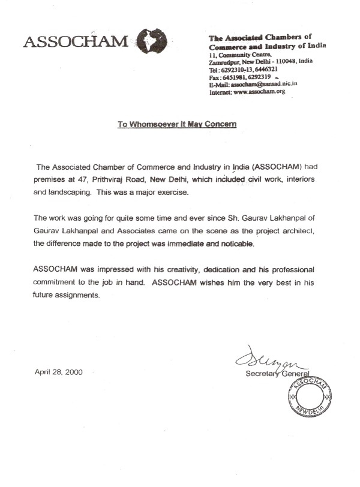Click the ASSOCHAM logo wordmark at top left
[x=74, y=41]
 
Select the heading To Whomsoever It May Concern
[x=177, y=125]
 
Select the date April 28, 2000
[x=59, y=372]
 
